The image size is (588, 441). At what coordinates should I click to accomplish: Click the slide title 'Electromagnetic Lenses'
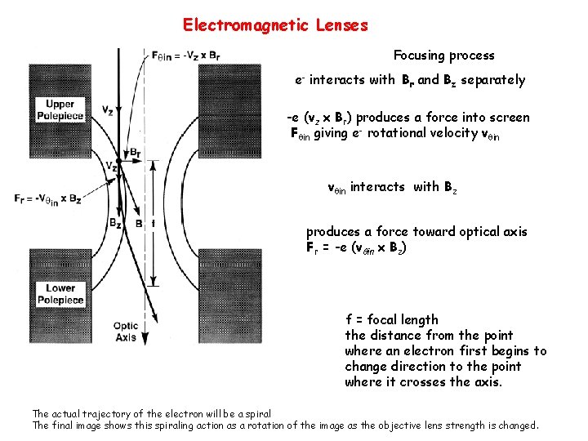(275, 25)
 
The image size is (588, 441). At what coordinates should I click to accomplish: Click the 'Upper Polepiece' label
(60, 110)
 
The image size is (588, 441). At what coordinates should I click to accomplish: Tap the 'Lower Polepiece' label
(60, 294)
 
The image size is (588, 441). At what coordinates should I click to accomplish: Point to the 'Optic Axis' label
(127, 332)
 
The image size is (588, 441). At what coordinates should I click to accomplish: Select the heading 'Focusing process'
(443, 56)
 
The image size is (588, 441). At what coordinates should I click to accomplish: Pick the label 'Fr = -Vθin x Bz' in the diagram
(47, 198)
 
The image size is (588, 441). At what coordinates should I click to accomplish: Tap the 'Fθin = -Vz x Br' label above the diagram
(186, 56)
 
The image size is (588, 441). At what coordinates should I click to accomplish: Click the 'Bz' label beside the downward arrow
(116, 221)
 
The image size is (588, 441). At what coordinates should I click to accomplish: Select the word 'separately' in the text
(493, 80)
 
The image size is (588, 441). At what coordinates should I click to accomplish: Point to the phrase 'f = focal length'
(392, 319)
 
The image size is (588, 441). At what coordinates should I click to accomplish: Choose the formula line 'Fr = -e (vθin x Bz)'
(356, 247)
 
